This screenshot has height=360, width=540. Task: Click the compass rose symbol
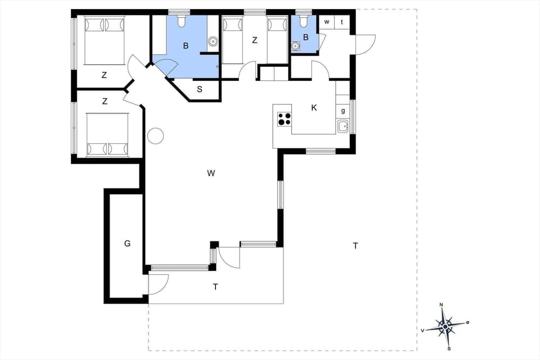(x=445, y=326)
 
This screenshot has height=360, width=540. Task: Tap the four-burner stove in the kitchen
(x=284, y=119)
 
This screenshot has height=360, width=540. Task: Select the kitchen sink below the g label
(x=343, y=127)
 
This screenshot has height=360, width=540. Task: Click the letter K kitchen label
(x=314, y=107)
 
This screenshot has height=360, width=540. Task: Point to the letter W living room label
(x=211, y=173)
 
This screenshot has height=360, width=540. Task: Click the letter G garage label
(x=128, y=244)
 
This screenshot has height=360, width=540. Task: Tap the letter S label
(x=200, y=89)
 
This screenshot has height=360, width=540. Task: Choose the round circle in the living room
(x=155, y=136)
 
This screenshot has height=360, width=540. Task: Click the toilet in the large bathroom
(x=181, y=21)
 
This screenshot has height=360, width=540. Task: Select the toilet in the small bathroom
(x=304, y=21)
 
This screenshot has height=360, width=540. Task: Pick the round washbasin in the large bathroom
(x=213, y=41)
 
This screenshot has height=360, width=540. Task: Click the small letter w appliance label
(x=327, y=22)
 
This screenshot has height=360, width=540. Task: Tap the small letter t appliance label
(x=342, y=22)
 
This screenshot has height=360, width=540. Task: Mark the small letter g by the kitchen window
(x=343, y=111)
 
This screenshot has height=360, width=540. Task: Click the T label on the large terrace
(x=355, y=245)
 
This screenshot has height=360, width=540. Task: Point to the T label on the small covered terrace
(x=215, y=287)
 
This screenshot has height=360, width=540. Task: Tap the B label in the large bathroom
(x=185, y=45)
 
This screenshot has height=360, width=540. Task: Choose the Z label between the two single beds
(x=255, y=40)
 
